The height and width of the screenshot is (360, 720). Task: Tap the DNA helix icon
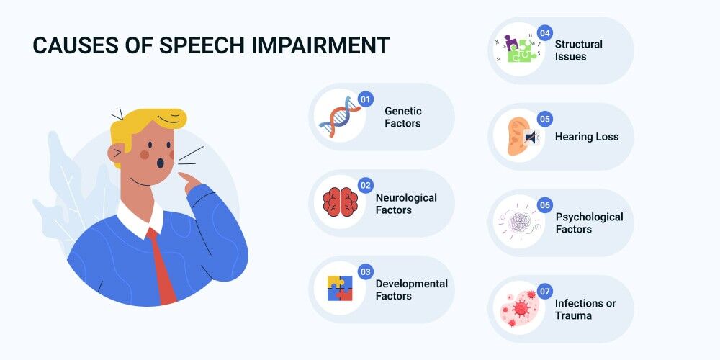[x=339, y=117]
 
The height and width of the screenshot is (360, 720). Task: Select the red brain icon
[x=341, y=202]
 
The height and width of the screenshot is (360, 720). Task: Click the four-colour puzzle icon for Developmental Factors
[x=340, y=289]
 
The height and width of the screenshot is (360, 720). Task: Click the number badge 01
[x=365, y=99]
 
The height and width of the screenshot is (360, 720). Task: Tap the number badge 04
[x=544, y=33]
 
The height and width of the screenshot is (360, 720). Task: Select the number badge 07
[x=544, y=292]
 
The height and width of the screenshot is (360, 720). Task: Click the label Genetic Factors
[x=402, y=117]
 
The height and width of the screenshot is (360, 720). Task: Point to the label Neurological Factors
[x=406, y=204]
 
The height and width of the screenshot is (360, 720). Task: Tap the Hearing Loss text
[x=586, y=136]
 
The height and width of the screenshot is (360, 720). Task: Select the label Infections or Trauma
[x=585, y=309]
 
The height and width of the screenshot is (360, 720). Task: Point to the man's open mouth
[x=161, y=163]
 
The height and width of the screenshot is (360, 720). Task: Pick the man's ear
[x=115, y=152]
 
